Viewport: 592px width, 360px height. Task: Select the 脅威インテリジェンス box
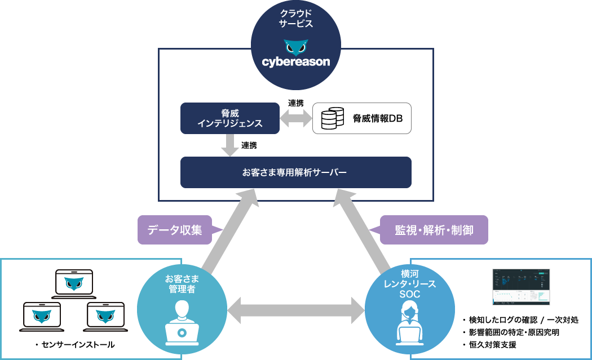click(230, 118)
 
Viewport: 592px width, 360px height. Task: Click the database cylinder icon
click(333, 118)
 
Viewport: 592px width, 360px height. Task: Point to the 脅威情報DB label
click(374, 118)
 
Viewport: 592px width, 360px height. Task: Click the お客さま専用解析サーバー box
click(296, 172)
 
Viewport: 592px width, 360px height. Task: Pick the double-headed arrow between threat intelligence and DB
click(296, 118)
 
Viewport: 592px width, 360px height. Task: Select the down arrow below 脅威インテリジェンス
click(230, 145)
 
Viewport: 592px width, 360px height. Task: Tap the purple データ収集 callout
click(174, 230)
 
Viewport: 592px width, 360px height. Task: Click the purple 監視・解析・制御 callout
click(433, 230)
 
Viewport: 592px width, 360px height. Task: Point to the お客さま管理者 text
click(182, 284)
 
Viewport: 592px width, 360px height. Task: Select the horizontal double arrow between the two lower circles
click(296, 309)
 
